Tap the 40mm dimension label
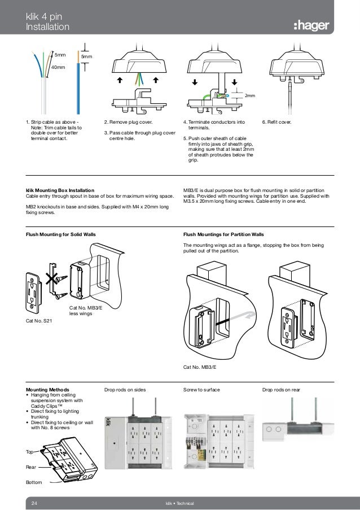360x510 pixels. tap(58, 67)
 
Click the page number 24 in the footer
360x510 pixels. tap(34, 502)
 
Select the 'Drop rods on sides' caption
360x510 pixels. tap(125, 390)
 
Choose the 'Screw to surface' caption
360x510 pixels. tap(201, 390)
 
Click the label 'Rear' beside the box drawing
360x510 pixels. tap(31, 467)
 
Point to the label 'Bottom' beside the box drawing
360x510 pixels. tap(34, 482)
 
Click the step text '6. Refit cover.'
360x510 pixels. tap(278, 122)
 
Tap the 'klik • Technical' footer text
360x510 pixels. tap(179, 502)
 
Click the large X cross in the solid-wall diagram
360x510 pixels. tap(53, 278)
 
